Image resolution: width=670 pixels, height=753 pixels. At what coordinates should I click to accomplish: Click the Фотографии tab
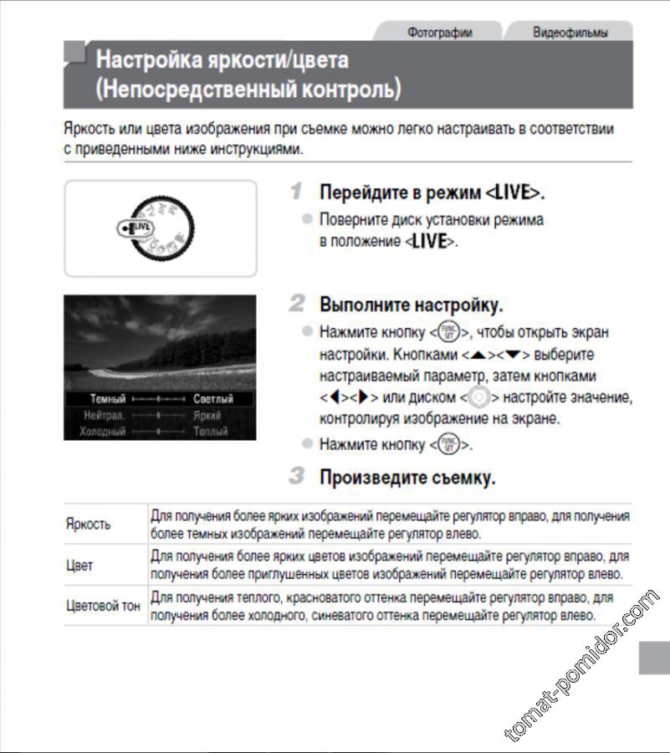[439, 33]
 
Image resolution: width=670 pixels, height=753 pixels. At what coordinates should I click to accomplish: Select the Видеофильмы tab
[570, 33]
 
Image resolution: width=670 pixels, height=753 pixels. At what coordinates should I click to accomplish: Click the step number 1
[295, 191]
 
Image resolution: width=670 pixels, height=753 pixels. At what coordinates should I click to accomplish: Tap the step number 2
[296, 303]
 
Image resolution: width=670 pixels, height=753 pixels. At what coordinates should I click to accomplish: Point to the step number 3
[296, 477]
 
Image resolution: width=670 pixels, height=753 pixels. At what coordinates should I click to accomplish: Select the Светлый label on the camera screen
[212, 399]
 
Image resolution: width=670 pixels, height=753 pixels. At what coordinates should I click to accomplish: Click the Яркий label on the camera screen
[207, 415]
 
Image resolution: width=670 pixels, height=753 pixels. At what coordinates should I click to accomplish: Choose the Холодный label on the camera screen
[102, 431]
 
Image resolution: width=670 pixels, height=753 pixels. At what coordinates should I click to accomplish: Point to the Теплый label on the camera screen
[210, 431]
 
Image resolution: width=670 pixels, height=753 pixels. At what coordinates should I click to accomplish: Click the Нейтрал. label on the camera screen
[104, 415]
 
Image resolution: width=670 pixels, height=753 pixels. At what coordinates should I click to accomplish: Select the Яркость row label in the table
[88, 524]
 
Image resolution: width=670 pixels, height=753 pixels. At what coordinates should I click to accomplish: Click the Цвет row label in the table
[79, 565]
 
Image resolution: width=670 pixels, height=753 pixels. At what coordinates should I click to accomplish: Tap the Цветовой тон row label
[103, 606]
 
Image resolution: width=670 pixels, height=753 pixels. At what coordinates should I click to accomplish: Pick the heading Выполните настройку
[411, 304]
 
